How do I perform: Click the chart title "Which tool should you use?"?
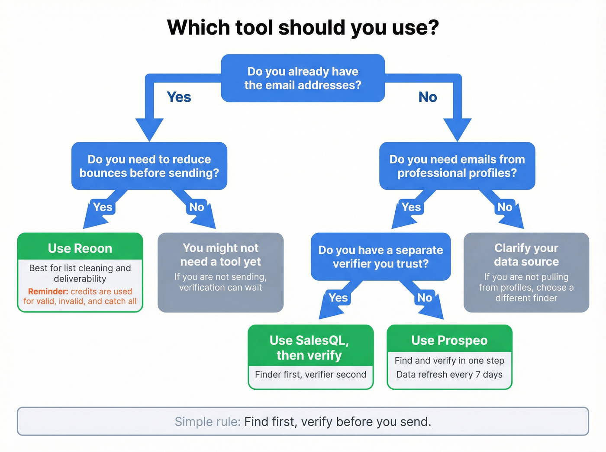(303, 28)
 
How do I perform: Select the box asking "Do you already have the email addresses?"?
(303, 78)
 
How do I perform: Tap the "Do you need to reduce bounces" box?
(149, 166)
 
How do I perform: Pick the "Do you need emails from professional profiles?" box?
(457, 166)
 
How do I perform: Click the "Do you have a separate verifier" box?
(380, 257)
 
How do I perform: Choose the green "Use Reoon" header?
(80, 248)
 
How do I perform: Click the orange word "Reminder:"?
(48, 292)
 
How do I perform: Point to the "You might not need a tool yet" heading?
(220, 255)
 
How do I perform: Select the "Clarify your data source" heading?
(526, 255)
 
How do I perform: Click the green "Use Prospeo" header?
(449, 340)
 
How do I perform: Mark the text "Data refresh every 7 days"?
(449, 375)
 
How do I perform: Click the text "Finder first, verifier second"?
(310, 375)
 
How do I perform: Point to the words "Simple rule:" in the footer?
(207, 422)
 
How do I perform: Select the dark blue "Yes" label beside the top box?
(179, 97)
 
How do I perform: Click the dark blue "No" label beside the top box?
(428, 97)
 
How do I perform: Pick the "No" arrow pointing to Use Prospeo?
(425, 298)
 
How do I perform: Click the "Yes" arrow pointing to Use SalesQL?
(338, 298)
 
